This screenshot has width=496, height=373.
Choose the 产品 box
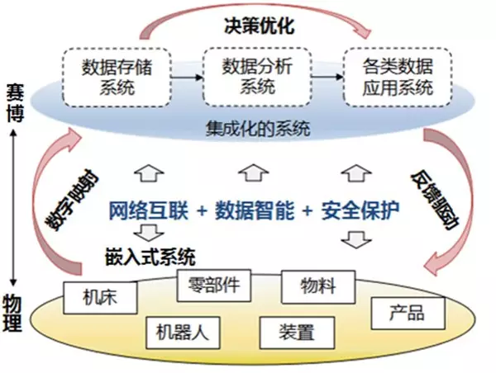coord(408,313)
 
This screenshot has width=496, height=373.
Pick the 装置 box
coord(298,333)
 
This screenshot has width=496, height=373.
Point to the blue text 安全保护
coord(362,211)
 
